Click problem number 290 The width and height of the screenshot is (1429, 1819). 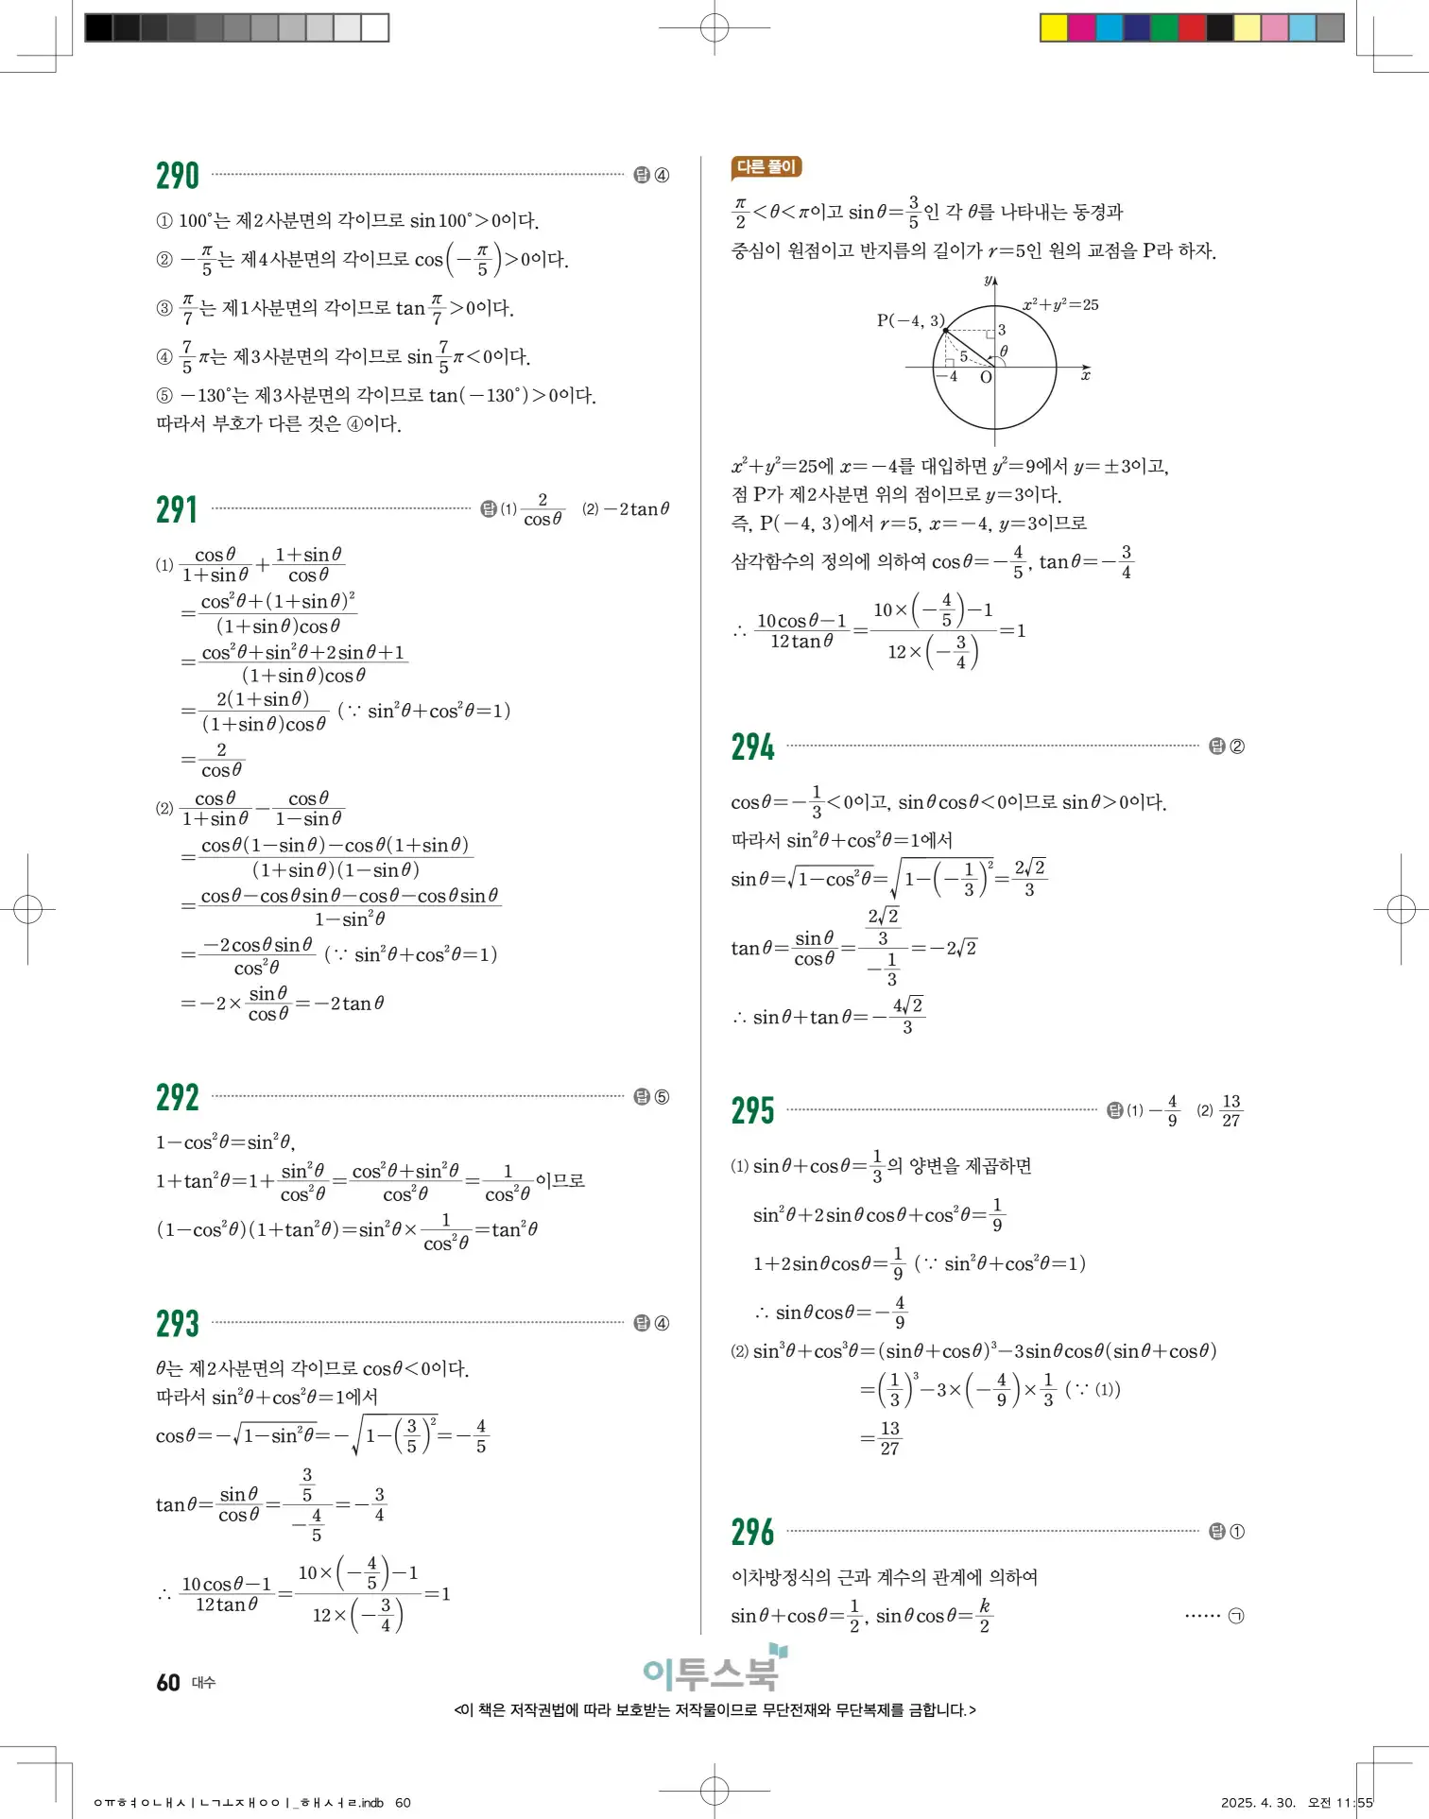click(178, 177)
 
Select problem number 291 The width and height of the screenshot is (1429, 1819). click(177, 510)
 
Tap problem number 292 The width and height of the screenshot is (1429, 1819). click(178, 1098)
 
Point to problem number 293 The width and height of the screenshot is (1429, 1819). click(178, 1324)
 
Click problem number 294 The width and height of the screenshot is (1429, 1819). click(752, 747)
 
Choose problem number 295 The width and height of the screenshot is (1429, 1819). click(752, 1111)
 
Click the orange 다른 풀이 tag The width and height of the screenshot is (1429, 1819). click(766, 167)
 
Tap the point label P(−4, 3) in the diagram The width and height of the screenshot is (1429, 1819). click(909, 320)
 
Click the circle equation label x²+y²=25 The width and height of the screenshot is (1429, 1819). click(1060, 304)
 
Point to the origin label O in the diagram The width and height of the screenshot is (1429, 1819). click(986, 377)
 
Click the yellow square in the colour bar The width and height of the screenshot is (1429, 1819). click(1053, 27)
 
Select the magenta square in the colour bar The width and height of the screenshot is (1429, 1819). click(1081, 27)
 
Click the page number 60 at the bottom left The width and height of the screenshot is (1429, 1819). click(168, 1683)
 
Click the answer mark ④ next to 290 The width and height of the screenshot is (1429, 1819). click(662, 176)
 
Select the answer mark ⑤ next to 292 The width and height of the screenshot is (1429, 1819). click(662, 1097)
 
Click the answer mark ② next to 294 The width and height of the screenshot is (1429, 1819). click(1236, 746)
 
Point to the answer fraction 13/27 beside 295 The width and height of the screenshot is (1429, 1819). click(1231, 1111)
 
